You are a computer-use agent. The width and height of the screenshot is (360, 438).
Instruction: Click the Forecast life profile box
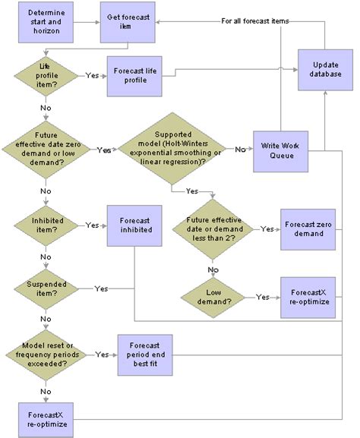141,75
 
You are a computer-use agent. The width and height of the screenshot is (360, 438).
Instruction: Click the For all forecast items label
254,20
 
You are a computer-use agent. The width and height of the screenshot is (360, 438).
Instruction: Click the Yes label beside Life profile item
92,75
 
